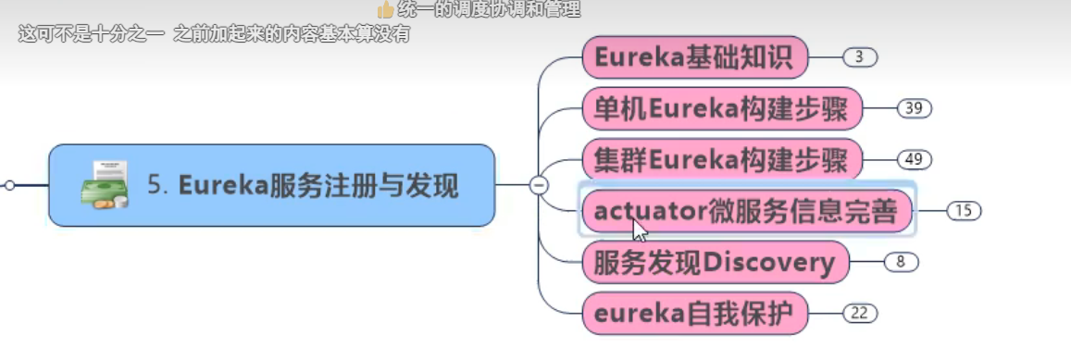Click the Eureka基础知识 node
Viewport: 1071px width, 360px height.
click(694, 58)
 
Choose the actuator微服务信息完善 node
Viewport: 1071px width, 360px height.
click(746, 211)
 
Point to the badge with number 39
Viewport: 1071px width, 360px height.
click(914, 109)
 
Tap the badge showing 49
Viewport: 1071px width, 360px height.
click(914, 160)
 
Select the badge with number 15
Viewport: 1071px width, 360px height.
click(964, 211)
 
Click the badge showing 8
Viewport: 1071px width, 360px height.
click(900, 262)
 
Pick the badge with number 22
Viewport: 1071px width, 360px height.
click(859, 313)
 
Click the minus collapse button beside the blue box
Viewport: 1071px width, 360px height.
click(538, 185)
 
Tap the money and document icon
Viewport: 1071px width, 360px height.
click(104, 185)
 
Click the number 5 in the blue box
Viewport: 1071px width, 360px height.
click(155, 186)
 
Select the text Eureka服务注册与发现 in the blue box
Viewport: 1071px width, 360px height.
click(318, 186)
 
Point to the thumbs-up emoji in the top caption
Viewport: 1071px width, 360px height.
click(386, 10)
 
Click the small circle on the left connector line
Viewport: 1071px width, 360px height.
click(9, 185)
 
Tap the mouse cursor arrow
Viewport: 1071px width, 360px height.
click(640, 230)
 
